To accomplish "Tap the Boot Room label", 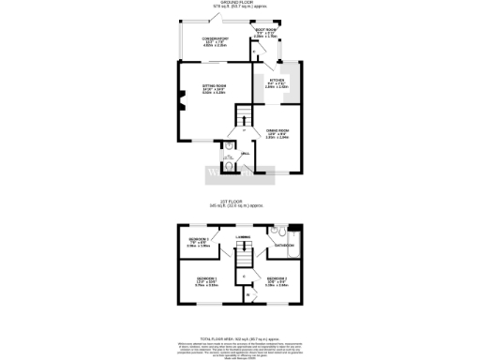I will [x=266, y=32].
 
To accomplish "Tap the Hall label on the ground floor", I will [x=245, y=153].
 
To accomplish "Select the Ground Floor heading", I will [x=240, y=3].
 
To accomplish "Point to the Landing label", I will [x=241, y=239].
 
